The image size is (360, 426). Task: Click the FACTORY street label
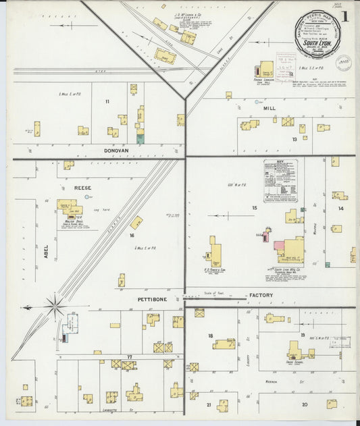point(261,296)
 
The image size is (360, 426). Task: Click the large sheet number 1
point(345,16)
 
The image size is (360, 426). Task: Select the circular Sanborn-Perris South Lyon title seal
point(315,35)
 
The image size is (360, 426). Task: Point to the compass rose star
point(54,307)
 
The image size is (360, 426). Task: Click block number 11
point(107,101)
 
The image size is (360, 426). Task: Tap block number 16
point(132,236)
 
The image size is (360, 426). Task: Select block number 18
point(210,336)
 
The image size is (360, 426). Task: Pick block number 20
point(305,404)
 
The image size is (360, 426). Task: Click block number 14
point(341,209)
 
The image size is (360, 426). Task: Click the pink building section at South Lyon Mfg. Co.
point(279,244)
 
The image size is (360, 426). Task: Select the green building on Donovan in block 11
point(140,138)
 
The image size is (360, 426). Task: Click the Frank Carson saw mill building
point(267,70)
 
